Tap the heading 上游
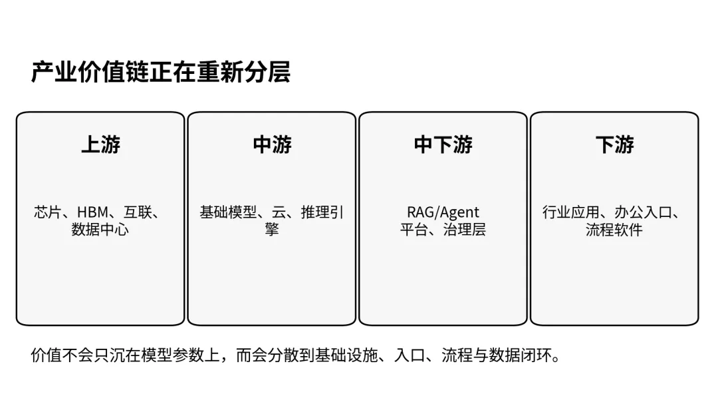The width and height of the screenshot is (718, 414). pos(100,144)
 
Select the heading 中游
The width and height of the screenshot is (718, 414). pos(272,144)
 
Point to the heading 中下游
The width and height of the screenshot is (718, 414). pos(443,144)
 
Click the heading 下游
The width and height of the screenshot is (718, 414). pos(614,144)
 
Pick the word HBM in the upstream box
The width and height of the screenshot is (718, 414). pos(92,213)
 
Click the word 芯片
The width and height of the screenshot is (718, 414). pos(47,213)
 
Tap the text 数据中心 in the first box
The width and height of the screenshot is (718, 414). pos(100,230)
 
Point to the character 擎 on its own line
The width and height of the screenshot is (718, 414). pos(271,230)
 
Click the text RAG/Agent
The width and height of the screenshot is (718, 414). pos(443,213)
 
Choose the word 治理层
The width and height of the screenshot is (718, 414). pos(464,230)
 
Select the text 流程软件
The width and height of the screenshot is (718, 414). pos(614,230)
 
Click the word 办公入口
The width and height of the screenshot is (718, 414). pos(638,213)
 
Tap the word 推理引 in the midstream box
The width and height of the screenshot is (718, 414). pos(323,213)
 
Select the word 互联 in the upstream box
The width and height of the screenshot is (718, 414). pos(139,213)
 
